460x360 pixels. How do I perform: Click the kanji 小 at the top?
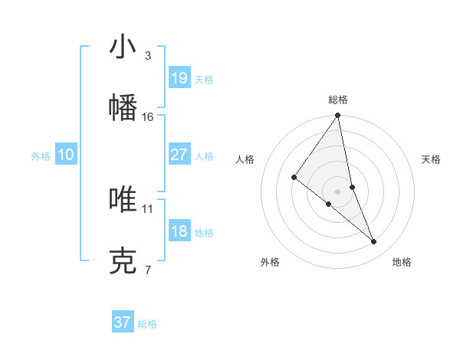(x=123, y=47)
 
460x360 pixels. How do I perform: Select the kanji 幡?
(x=123, y=107)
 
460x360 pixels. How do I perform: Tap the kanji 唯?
(x=123, y=199)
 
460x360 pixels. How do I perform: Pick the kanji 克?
(x=123, y=260)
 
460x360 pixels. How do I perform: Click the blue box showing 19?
(x=179, y=78)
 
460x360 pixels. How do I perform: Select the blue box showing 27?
(x=179, y=155)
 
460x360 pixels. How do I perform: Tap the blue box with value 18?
(x=179, y=231)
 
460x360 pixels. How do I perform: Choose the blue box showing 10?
(x=66, y=155)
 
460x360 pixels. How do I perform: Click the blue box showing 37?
(x=122, y=322)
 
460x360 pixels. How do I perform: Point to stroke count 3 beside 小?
(x=147, y=56)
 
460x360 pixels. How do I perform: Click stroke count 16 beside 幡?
(x=148, y=116)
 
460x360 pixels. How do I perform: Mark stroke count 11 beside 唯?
(x=148, y=208)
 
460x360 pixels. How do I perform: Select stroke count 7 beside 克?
(x=147, y=270)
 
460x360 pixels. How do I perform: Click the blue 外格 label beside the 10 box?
(x=41, y=156)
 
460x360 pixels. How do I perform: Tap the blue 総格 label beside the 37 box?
(x=147, y=324)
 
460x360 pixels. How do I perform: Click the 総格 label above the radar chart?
(x=338, y=100)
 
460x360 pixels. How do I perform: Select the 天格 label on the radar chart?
(x=431, y=159)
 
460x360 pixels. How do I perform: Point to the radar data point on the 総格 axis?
(x=338, y=116)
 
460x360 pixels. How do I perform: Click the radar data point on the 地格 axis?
(x=374, y=242)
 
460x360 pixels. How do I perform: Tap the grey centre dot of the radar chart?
(x=338, y=191)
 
